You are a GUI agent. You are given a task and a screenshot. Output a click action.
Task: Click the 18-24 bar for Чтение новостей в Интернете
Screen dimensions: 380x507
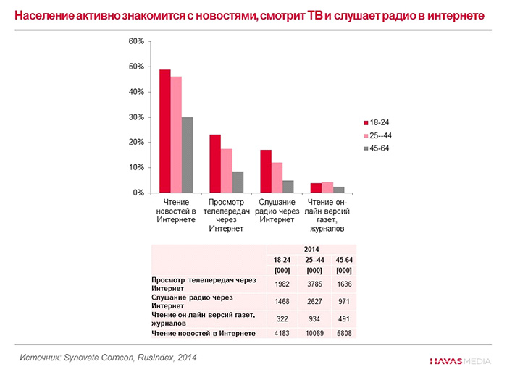(165, 131)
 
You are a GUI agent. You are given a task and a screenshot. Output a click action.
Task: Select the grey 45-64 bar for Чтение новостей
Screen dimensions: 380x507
(187, 155)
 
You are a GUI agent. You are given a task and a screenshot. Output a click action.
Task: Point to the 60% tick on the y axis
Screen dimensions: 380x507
(136, 41)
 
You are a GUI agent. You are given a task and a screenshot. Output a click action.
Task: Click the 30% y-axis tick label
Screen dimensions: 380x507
(136, 117)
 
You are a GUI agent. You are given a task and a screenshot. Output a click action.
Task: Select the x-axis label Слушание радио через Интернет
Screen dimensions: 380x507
(277, 211)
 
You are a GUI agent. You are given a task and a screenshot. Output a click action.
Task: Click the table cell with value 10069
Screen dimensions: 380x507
(314, 333)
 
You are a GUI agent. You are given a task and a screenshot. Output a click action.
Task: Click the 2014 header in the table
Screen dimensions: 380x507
(313, 249)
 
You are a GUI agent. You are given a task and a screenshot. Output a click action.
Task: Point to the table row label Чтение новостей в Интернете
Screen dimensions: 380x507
(204, 333)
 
